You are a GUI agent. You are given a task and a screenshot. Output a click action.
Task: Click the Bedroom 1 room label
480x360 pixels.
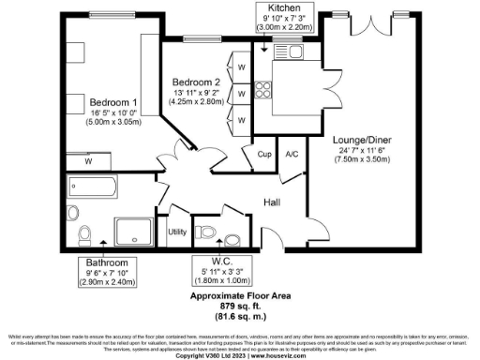(x=112, y=101)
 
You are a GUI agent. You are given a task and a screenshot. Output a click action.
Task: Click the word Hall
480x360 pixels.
(x=272, y=202)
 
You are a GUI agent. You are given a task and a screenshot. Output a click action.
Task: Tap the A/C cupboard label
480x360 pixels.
(x=292, y=154)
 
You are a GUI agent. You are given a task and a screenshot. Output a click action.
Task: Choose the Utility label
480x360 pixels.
(x=176, y=231)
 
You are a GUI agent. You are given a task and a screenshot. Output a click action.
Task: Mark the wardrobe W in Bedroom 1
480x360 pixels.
(x=89, y=161)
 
